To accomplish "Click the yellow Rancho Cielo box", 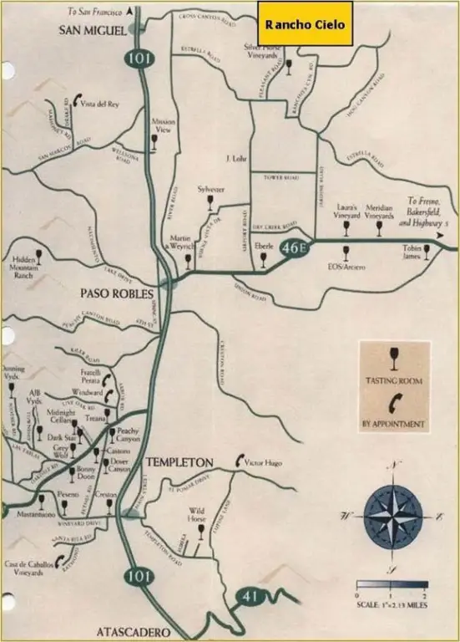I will (305, 23).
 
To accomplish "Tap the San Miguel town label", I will (92, 31).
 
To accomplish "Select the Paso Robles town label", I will (117, 293).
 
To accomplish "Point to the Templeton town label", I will (179, 462).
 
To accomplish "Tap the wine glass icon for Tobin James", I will (427, 252).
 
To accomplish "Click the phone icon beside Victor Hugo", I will (240, 460).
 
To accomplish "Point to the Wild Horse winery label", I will (197, 513).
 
